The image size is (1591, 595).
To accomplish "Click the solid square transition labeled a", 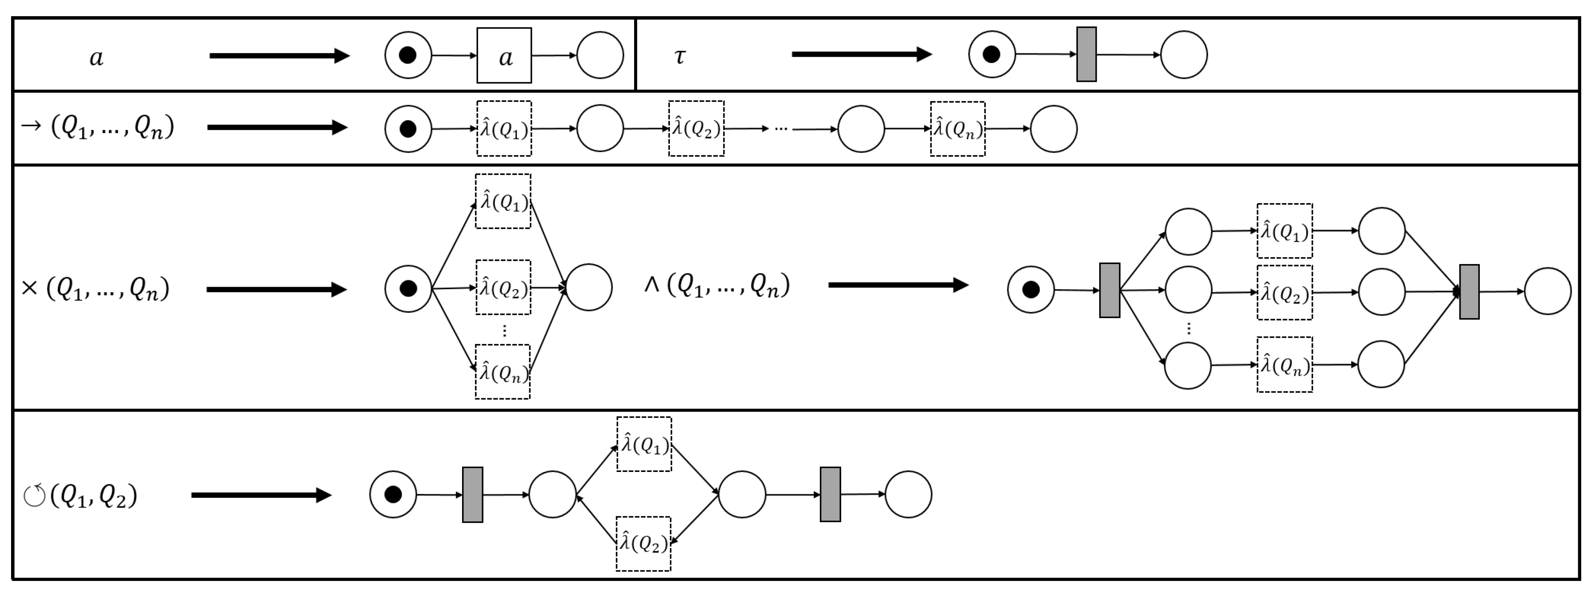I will (504, 56).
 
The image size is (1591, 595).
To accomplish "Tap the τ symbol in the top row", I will (679, 56).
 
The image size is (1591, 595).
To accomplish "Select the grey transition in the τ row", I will (1086, 55).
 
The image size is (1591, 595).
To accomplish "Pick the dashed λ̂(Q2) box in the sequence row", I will (696, 129).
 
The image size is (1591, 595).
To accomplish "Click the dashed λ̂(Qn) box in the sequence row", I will (957, 129).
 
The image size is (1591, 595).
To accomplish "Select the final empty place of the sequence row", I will (1054, 129).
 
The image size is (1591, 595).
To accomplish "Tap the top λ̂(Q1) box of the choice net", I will (503, 201).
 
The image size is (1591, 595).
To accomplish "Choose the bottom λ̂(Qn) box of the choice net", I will (503, 372).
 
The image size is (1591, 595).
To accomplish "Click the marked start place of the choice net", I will (408, 288).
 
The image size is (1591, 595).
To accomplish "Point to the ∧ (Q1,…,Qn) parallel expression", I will (716, 285).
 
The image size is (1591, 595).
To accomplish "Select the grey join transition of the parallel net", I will (1469, 292).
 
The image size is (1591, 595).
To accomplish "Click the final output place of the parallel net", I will (1548, 291).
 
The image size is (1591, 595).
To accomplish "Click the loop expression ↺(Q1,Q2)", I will (80, 495).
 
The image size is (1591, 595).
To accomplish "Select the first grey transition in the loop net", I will (472, 495).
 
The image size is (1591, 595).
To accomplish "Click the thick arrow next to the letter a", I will (279, 56).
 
